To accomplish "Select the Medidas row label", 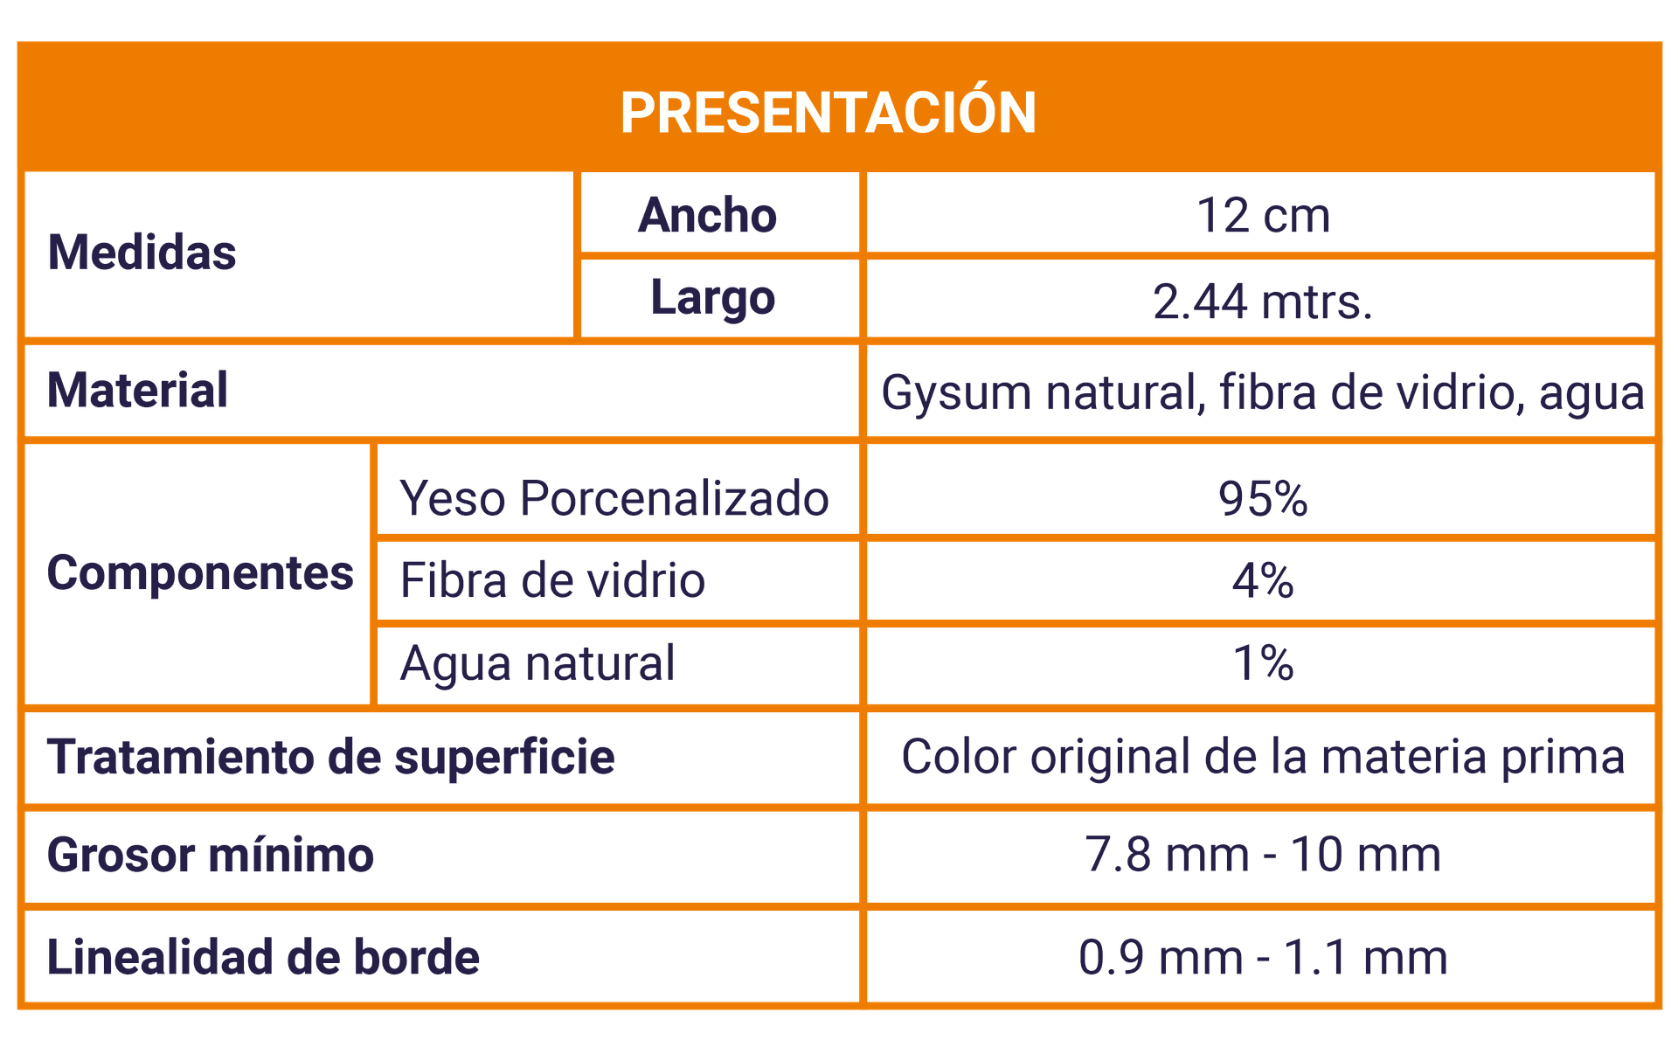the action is [x=142, y=253].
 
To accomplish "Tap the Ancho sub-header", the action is [x=707, y=215].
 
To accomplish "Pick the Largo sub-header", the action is [x=712, y=299].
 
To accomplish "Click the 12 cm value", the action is [x=1263, y=215].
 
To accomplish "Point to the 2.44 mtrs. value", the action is [x=1263, y=302].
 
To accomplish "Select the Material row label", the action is [x=137, y=390].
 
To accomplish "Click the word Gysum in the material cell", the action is [x=957, y=393].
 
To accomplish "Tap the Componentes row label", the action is [x=200, y=574].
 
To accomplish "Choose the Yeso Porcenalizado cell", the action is [x=614, y=499].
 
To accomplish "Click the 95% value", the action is [x=1263, y=499].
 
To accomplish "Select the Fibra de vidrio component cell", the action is [x=552, y=580].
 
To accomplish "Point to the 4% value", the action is [x=1263, y=580].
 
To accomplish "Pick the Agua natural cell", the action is [x=537, y=663].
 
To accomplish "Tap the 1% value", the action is [x=1263, y=662].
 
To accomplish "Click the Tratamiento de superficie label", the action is [x=331, y=757].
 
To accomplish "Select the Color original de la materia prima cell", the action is [x=1263, y=757].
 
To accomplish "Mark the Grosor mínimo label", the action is [x=211, y=855].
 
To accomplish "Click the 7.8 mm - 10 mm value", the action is [x=1263, y=855].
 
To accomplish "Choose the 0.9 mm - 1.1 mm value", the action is [x=1263, y=957].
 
